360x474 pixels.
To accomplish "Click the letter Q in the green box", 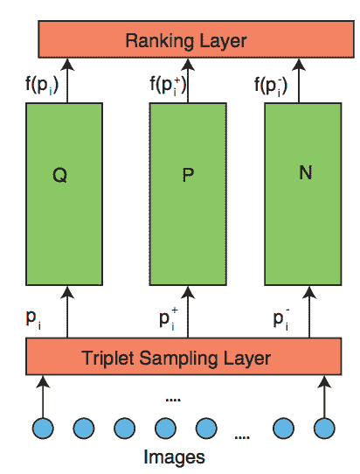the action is pos(59,175).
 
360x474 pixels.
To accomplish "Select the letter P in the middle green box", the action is pos(188,175).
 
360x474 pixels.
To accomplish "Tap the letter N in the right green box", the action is pos(305,173).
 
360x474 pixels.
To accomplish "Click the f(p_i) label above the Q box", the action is pos(42,85).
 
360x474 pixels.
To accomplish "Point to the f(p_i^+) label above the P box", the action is pos(169,86).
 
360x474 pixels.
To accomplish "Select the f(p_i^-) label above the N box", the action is pos(271,86).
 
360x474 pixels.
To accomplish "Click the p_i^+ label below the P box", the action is pos(169,319).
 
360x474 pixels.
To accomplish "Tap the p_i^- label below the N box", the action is pos(281,319).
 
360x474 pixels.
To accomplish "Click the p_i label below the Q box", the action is pos(33,319).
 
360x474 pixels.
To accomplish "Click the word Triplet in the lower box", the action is pos(107,359).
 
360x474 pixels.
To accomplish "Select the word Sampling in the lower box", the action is pos(179,359).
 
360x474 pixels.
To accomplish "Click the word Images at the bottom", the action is pos(174,457).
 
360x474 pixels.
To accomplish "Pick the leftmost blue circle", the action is pos(43,429).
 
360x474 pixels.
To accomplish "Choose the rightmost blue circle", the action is pos(324,429).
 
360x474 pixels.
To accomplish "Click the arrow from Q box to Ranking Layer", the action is pos(67,80).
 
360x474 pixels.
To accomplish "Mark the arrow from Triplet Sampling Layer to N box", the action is pos(309,311).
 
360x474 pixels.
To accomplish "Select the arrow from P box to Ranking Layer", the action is pos(188,80).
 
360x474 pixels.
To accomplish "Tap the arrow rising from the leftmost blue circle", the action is pos(43,397).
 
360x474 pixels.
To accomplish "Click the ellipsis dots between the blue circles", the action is pos(242,437).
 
